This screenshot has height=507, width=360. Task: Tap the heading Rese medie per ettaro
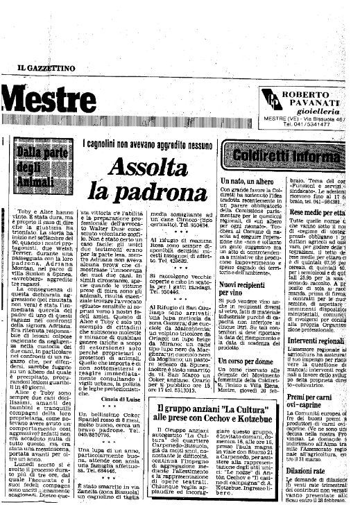(321, 212)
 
